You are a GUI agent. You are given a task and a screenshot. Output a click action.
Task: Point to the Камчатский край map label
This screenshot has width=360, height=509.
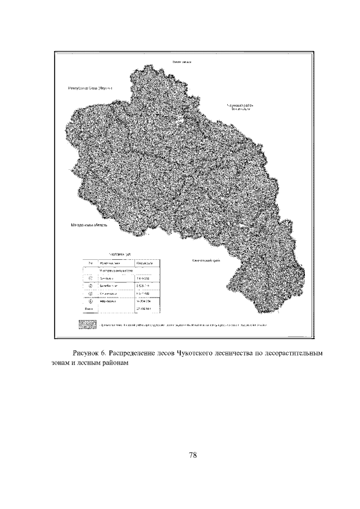[x=206, y=260]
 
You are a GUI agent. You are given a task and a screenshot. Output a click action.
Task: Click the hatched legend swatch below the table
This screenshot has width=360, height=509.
[x=87, y=325]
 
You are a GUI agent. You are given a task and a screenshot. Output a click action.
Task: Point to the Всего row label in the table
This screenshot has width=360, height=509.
[x=88, y=309]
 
